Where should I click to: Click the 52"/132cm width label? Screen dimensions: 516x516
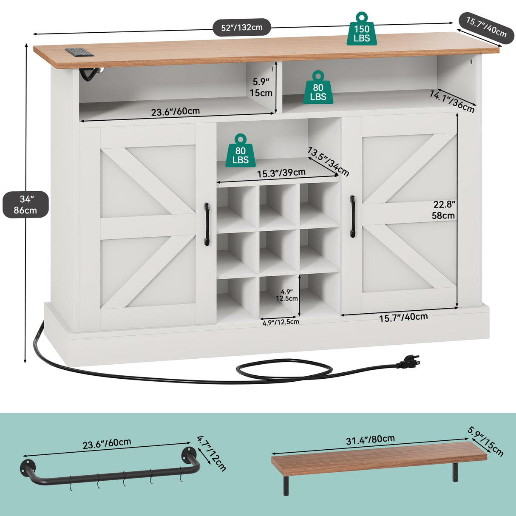[x=242, y=28]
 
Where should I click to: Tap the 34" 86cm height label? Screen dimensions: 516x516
[x=26, y=204]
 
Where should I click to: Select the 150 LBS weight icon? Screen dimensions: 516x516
[x=361, y=30]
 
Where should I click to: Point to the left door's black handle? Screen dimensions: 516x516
[x=207, y=224]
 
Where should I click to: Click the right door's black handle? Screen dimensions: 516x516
[x=352, y=216]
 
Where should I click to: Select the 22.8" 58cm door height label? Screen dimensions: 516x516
[x=443, y=210]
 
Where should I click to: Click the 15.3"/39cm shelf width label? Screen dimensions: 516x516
[x=281, y=173]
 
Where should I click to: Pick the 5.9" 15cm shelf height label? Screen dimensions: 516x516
[x=261, y=87]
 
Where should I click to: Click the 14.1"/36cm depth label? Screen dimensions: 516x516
[x=452, y=102]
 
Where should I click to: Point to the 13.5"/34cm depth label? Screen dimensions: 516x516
[x=328, y=162]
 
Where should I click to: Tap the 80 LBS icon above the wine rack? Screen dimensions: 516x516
[x=240, y=151]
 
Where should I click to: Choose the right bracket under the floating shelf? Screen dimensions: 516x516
[x=455, y=472]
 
